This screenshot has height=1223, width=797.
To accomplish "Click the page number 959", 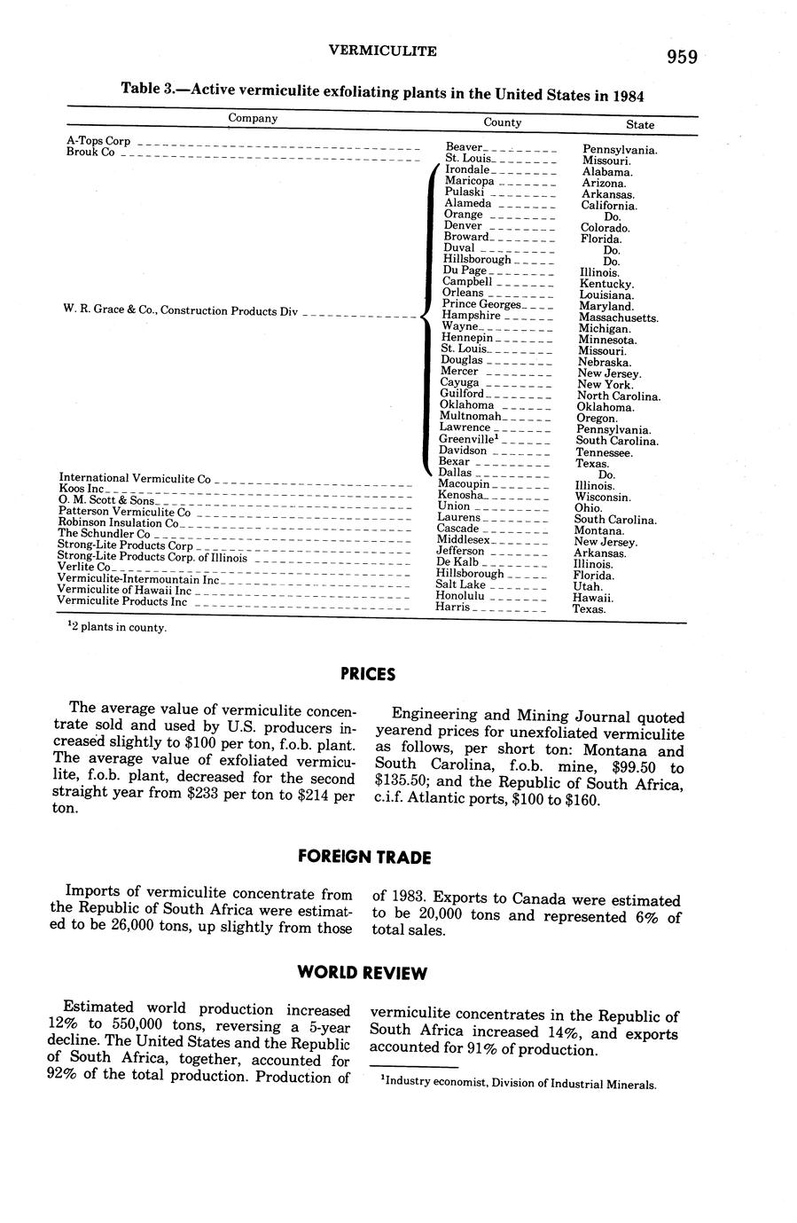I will click(x=682, y=58).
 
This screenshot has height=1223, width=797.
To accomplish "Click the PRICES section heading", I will click(x=367, y=674).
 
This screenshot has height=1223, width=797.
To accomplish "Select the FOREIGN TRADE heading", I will click(x=363, y=857).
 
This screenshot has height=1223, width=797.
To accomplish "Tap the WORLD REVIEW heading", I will click(x=362, y=973).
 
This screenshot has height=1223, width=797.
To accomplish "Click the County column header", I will click(x=502, y=122).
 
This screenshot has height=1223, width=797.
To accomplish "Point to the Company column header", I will click(x=253, y=118).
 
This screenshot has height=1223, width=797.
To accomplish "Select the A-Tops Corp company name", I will click(x=98, y=141).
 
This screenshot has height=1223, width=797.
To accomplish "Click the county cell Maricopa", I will click(x=469, y=181).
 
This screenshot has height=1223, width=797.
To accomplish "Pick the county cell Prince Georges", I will click(x=481, y=304).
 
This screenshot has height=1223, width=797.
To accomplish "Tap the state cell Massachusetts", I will click(x=618, y=318).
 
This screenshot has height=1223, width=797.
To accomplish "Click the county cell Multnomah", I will click(x=470, y=416).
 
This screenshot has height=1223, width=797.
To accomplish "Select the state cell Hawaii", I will click(x=593, y=598).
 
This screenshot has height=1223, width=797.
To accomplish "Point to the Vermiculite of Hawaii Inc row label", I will click(x=124, y=590).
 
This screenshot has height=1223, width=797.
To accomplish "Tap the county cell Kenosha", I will click(x=460, y=496).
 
